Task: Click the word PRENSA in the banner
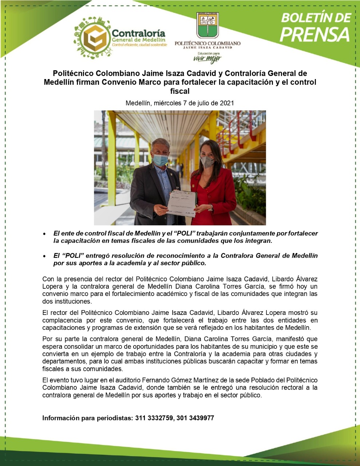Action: click(316, 34)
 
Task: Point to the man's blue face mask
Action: click(160, 159)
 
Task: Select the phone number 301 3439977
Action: click(195, 418)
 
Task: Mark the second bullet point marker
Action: click(44, 256)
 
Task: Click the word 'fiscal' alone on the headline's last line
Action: click(180, 91)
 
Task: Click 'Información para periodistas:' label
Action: click(87, 418)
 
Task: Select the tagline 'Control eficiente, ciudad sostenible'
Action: click(139, 45)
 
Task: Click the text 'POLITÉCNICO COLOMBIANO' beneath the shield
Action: click(207, 43)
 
